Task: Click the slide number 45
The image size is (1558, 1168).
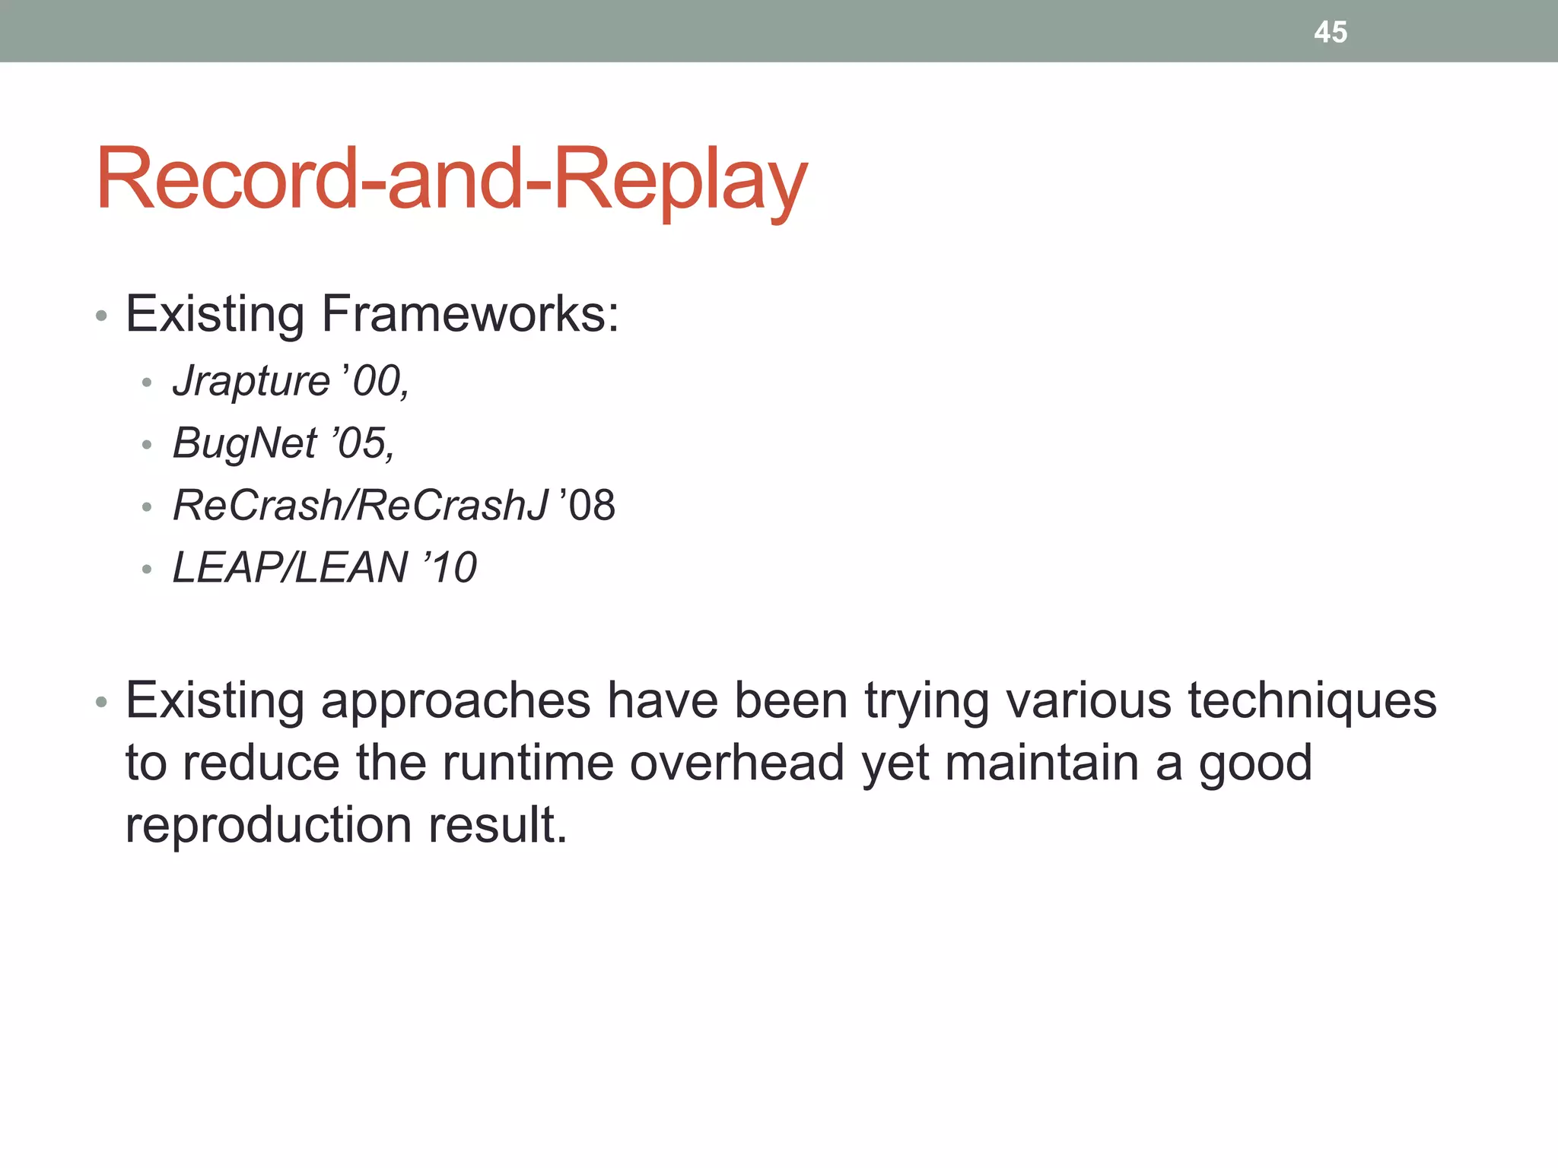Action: click(1331, 32)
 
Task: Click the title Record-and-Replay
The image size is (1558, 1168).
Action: click(451, 179)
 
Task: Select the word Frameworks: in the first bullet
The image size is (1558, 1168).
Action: click(470, 313)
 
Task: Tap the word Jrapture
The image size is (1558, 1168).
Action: click(251, 380)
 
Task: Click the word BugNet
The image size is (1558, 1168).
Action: click(244, 443)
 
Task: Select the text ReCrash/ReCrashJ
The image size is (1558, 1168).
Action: click(360, 505)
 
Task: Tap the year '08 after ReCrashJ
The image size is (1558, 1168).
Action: click(587, 505)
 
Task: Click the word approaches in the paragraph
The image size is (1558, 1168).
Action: click(456, 701)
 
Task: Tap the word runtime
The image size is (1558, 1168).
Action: click(527, 763)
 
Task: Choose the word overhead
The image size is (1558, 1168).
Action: click(736, 763)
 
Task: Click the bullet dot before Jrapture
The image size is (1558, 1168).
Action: click(147, 382)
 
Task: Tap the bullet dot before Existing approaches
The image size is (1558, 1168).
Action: click(101, 703)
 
